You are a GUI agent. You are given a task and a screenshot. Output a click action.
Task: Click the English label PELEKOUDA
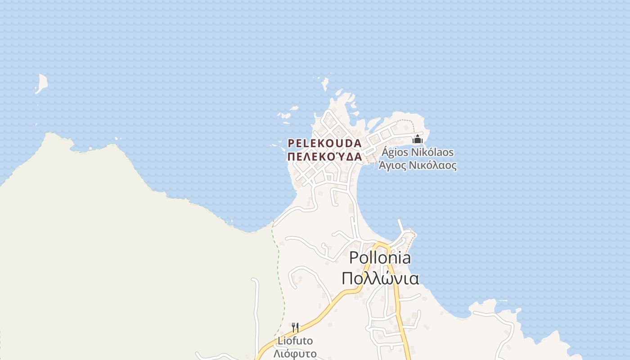(324, 144)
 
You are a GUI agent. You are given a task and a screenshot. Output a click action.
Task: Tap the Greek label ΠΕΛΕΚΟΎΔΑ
(324, 157)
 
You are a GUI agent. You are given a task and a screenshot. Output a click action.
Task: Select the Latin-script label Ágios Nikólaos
(417, 153)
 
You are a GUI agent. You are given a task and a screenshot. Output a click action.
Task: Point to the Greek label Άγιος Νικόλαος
(417, 166)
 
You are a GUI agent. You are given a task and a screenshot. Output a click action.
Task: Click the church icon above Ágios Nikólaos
(418, 139)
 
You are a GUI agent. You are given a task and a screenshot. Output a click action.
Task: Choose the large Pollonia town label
(380, 258)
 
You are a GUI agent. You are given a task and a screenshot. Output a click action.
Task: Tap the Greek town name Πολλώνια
(380, 278)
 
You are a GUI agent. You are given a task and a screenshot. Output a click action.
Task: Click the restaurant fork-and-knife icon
(295, 327)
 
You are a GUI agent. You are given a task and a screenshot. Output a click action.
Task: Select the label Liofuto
(295, 341)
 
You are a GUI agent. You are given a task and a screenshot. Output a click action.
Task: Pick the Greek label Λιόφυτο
(295, 353)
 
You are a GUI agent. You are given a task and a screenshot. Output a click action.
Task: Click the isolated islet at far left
(42, 84)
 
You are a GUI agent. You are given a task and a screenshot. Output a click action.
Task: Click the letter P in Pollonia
(354, 258)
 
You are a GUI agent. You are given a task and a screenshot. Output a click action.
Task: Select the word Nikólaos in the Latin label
(432, 153)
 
